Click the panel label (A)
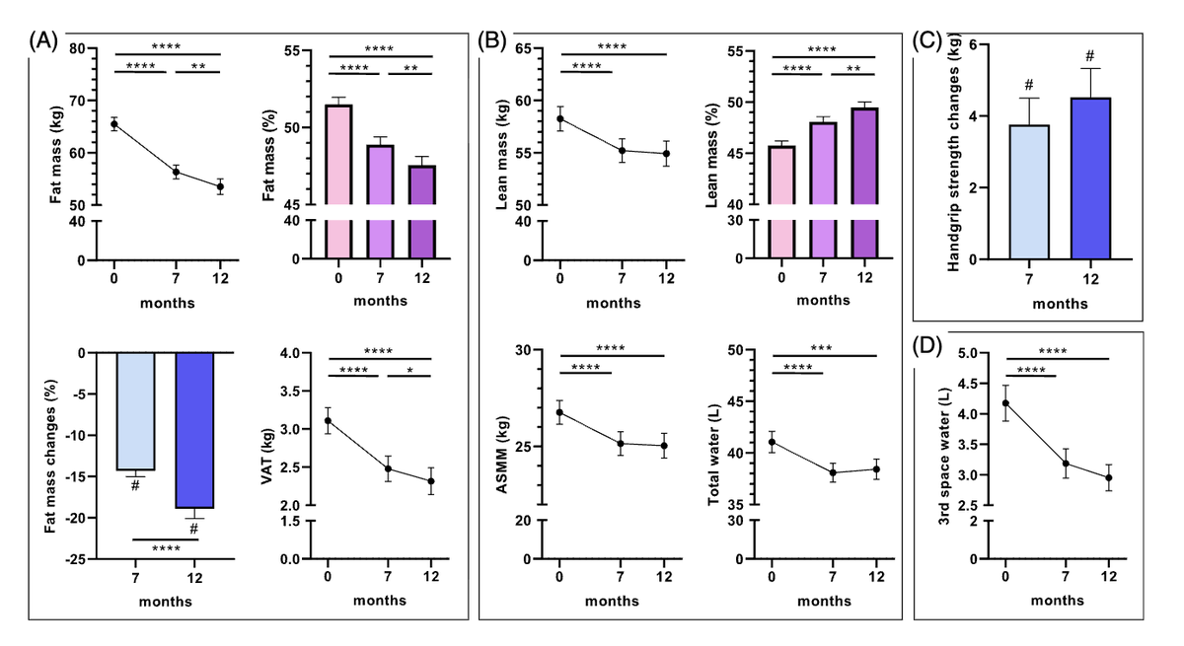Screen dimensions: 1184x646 43,40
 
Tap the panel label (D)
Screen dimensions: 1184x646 927,345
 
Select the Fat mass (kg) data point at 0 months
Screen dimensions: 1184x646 114,124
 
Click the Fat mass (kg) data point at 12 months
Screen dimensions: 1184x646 220,186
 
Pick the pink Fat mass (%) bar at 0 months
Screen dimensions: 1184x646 338,181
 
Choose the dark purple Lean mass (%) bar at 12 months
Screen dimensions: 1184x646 864,182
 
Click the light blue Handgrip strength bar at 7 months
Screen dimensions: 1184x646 1029,191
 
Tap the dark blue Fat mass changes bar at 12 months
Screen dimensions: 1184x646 194,430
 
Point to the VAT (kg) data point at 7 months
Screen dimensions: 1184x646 388,468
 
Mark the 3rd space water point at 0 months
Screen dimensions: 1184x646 1005,403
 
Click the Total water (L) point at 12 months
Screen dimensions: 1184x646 876,469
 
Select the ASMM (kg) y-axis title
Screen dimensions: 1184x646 501,455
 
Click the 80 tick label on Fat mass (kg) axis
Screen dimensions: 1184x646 77,48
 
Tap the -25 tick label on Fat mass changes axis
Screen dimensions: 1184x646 76,559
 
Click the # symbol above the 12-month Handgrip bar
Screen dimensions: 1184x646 1090,55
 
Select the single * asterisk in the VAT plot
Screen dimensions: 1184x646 409,371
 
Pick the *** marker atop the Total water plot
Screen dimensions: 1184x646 821,348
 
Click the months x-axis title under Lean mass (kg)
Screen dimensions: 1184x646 613,303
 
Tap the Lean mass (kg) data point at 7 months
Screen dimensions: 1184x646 623,151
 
